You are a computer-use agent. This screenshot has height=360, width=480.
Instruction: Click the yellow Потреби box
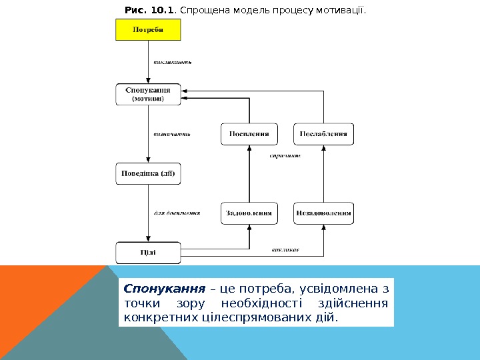148,30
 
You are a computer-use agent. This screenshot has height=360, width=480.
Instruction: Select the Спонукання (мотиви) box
148,94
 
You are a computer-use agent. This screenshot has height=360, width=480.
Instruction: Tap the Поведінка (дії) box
148,175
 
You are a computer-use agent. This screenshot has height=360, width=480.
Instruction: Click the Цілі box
148,252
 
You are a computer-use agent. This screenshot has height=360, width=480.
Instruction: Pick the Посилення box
249,134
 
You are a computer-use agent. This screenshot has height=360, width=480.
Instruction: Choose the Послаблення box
323,134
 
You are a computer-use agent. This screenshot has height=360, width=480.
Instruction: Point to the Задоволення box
249,213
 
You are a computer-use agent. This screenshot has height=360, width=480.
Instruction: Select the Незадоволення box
323,213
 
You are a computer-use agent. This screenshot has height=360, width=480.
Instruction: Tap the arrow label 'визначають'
172,134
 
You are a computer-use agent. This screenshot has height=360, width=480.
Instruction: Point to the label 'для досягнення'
177,213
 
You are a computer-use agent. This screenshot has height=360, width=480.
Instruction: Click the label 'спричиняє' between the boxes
285,156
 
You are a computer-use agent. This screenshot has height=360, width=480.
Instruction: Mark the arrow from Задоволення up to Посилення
249,173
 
